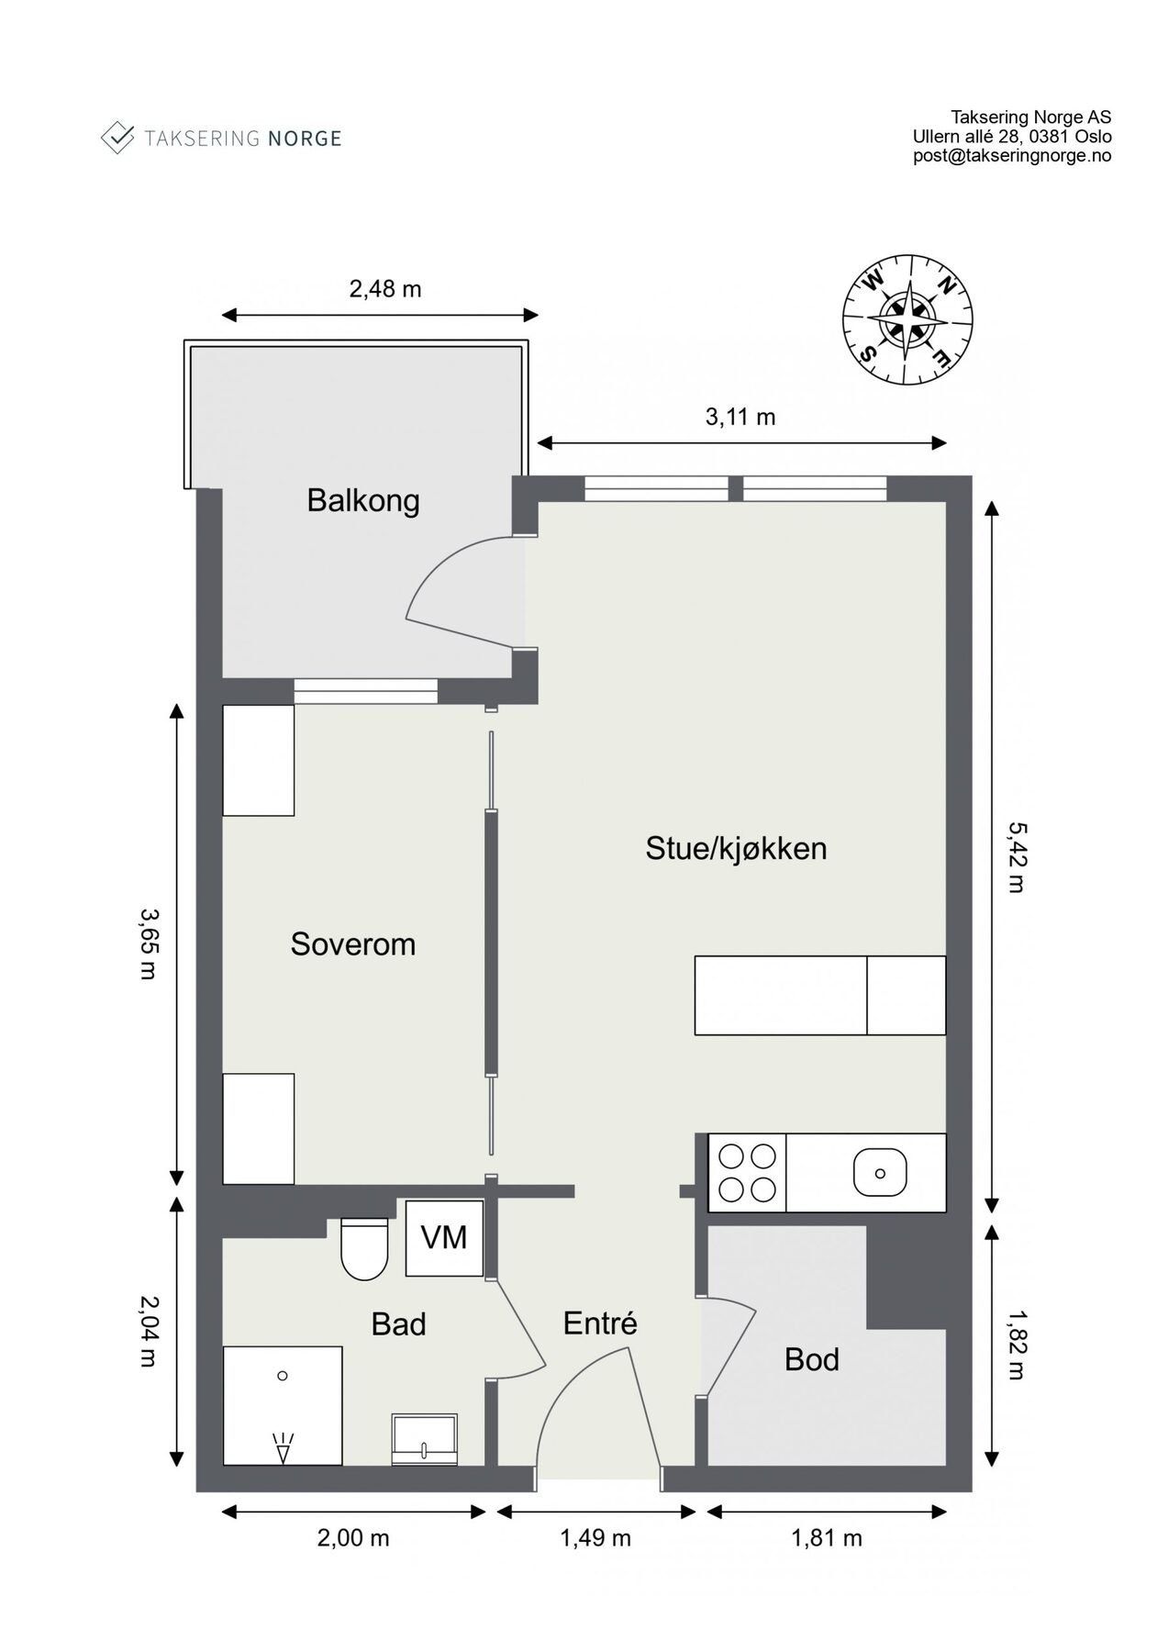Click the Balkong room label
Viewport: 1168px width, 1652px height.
[x=363, y=501]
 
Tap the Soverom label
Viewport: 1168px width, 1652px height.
[x=353, y=943]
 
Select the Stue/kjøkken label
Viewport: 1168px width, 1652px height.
[x=736, y=848]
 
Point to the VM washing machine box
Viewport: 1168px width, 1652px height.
[x=444, y=1237]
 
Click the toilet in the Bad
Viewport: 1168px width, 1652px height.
[x=364, y=1248]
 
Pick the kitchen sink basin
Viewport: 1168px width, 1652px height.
[x=880, y=1173]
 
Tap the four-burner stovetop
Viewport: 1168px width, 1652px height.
[x=748, y=1172]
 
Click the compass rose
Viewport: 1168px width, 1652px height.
[x=907, y=320]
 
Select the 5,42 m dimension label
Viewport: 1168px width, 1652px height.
[x=1016, y=857]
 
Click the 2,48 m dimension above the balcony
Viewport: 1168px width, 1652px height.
[x=385, y=289]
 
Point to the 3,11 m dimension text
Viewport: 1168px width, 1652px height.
[x=740, y=418]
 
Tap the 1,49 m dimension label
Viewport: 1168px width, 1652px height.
[x=595, y=1537]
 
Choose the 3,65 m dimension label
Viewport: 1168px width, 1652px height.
[x=147, y=943]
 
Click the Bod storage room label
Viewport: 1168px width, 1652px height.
[x=812, y=1359]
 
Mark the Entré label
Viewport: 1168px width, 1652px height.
[x=600, y=1323]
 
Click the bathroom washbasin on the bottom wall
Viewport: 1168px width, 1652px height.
[x=424, y=1439]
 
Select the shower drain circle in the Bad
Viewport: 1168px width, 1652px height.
[x=283, y=1376]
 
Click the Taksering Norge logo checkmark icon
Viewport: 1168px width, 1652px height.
[x=117, y=138]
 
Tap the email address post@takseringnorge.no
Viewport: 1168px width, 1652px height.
[x=1012, y=156]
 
